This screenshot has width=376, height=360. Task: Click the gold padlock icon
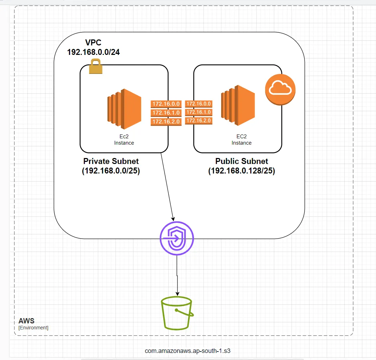(x=96, y=67)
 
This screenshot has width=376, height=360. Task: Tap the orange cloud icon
(x=280, y=90)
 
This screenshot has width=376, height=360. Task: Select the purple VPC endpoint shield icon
(x=177, y=238)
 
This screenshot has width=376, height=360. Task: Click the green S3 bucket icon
(x=176, y=313)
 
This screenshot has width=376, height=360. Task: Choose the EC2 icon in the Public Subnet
(x=238, y=105)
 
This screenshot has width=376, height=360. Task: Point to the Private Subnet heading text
(x=111, y=161)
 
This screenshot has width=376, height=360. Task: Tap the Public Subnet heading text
(x=242, y=161)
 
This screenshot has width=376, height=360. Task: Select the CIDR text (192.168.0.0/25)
(x=111, y=171)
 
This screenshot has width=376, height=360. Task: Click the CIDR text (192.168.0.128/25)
(x=242, y=171)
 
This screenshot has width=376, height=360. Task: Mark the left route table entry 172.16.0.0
(x=165, y=104)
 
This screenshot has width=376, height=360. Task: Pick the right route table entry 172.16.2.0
(x=199, y=121)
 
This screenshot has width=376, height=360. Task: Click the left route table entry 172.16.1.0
(x=165, y=113)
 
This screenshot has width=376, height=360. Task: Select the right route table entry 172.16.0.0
(x=199, y=104)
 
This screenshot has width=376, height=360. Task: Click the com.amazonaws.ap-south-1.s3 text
(x=188, y=351)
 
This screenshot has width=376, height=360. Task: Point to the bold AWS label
(x=26, y=321)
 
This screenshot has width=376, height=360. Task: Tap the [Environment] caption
(x=33, y=328)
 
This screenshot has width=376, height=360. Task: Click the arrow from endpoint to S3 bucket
(x=177, y=274)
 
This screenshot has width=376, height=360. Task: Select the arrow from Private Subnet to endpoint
(x=167, y=187)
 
